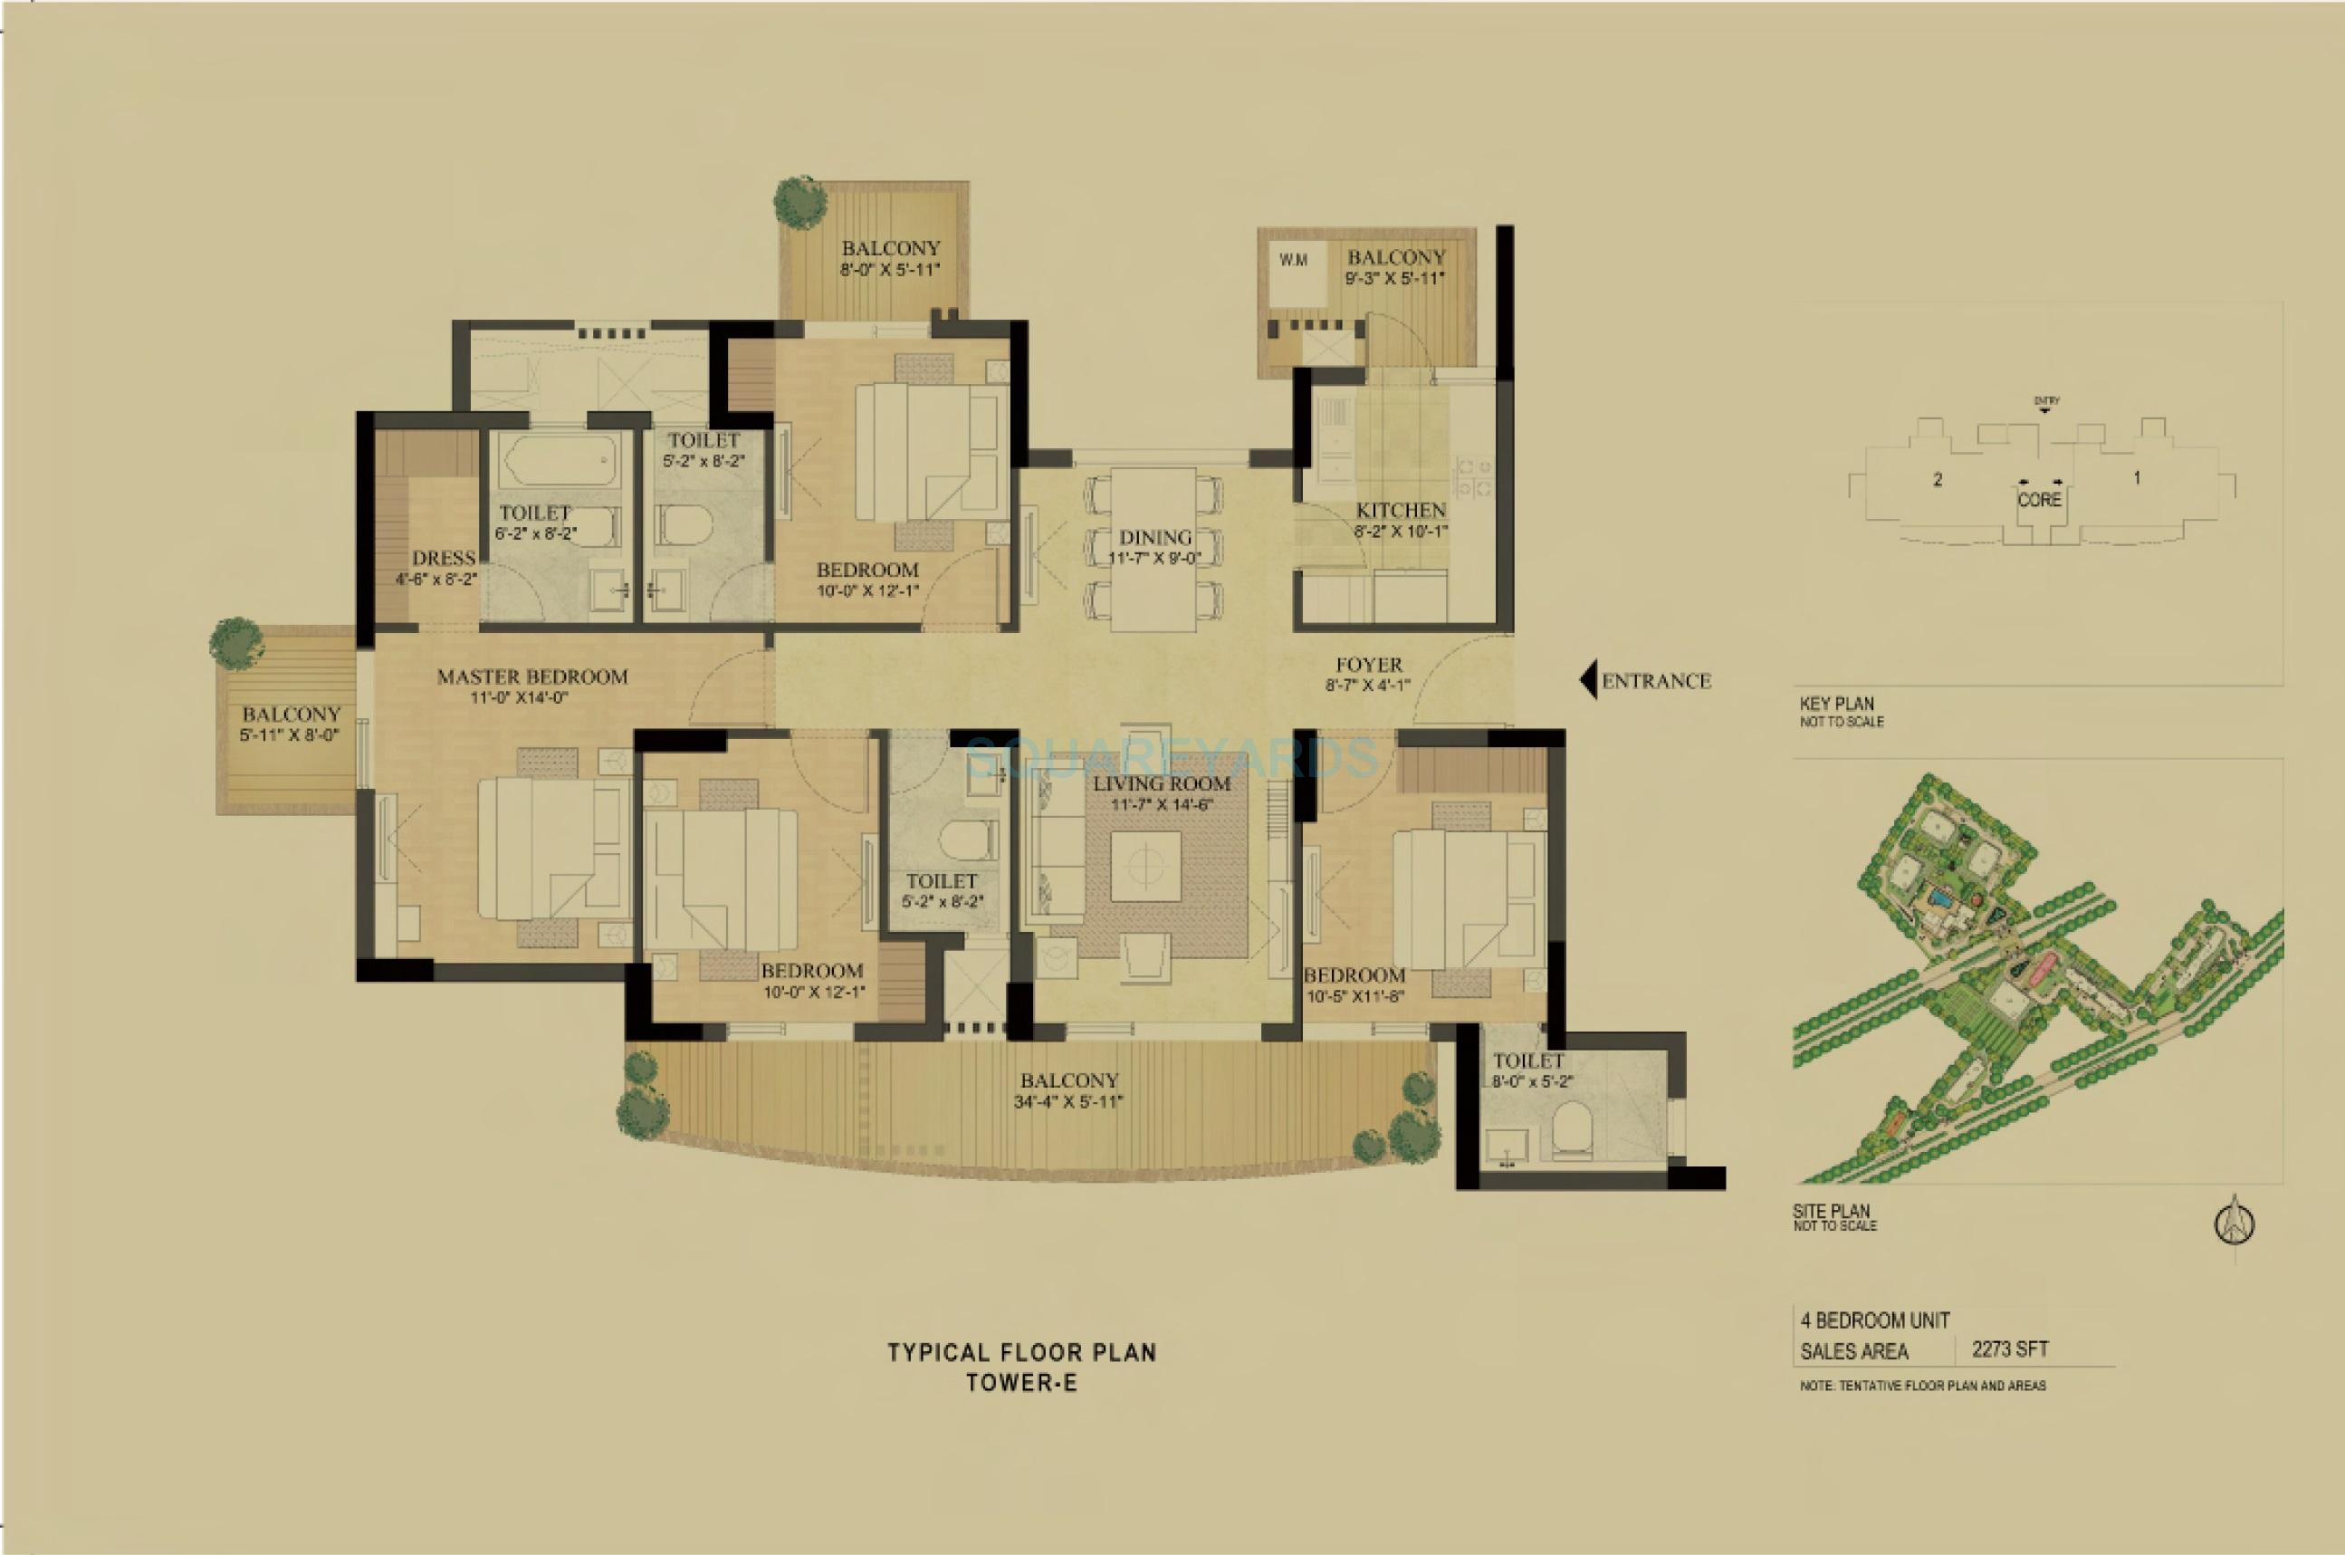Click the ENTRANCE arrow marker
click(x=1587, y=680)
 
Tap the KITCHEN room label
click(x=1400, y=511)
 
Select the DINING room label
click(x=1155, y=538)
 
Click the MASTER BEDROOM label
click(x=532, y=677)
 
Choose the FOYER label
click(x=1368, y=665)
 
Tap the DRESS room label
click(x=444, y=558)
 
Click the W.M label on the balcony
click(x=1293, y=261)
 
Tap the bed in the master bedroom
click(x=553, y=848)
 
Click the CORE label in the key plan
click(x=2040, y=500)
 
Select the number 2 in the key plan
click(x=1937, y=480)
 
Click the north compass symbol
click(x=2235, y=1224)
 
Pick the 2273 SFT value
click(x=2010, y=1349)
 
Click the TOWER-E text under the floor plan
click(x=1021, y=1382)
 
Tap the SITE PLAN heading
click(x=1831, y=1211)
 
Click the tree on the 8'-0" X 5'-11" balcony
click(x=799, y=203)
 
